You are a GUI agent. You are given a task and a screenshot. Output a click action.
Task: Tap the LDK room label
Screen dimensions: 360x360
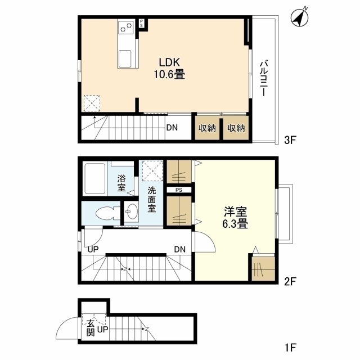pos(169,62)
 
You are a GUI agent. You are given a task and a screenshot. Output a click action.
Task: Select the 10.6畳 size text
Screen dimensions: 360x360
pos(169,74)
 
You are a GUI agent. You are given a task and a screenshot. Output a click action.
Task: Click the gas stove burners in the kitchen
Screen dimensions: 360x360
pos(126,26)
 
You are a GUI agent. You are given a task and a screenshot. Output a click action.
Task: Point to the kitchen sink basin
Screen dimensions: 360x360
pos(125,58)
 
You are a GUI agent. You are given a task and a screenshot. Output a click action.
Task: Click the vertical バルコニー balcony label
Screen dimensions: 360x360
pos(263,78)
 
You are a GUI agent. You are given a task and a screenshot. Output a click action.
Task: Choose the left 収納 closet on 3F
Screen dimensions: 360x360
pos(207,128)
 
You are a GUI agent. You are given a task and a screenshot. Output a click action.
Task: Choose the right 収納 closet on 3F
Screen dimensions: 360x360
pos(236,128)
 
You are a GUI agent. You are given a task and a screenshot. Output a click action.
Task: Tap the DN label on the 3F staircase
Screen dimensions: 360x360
pos(172,128)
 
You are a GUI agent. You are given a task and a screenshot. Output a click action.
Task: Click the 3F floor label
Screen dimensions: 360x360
pos(290,140)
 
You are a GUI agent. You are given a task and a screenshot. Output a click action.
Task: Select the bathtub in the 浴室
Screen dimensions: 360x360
pos(95,179)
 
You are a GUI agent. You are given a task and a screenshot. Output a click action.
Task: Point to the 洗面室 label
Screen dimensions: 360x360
pos(151,199)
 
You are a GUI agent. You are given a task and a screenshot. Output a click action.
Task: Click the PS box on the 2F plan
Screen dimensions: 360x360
pos(179,190)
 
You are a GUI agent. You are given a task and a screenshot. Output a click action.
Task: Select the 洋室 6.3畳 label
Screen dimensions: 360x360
pos(235,218)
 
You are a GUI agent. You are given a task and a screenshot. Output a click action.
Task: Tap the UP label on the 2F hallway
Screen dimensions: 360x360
pos(93,249)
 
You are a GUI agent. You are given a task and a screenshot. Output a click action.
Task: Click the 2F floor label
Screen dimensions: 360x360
pos(290,281)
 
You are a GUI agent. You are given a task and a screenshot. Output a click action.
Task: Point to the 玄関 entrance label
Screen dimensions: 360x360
pos(91,328)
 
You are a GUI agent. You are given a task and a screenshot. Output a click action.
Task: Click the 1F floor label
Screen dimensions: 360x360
pos(290,348)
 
